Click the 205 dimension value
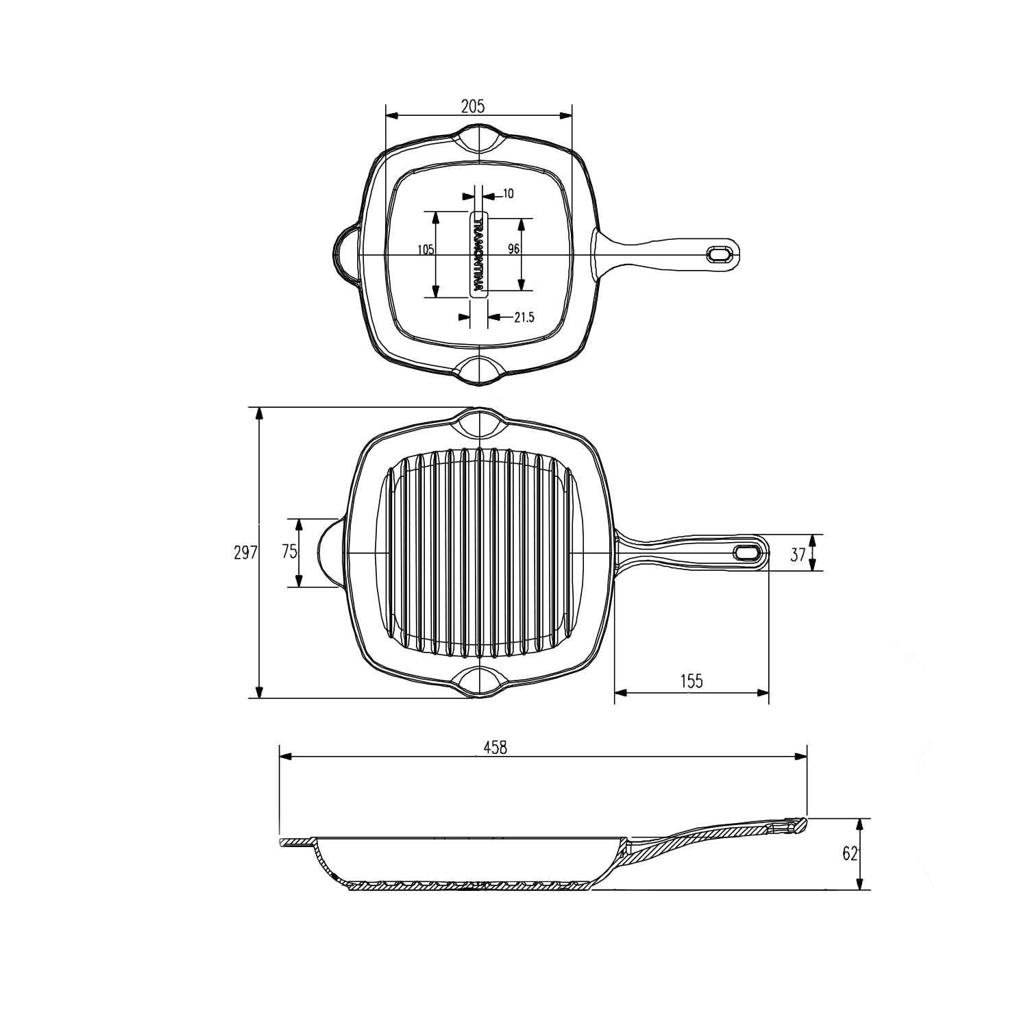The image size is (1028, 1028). [x=473, y=106]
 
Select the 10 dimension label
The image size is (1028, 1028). [x=508, y=194]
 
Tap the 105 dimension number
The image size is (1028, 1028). [x=426, y=249]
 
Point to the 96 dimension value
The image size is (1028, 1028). [x=513, y=249]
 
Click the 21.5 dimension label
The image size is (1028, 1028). [x=524, y=317]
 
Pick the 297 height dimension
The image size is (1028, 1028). [x=245, y=552]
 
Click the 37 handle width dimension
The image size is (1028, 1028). [x=798, y=554]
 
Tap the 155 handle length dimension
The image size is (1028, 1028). [x=692, y=681]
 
